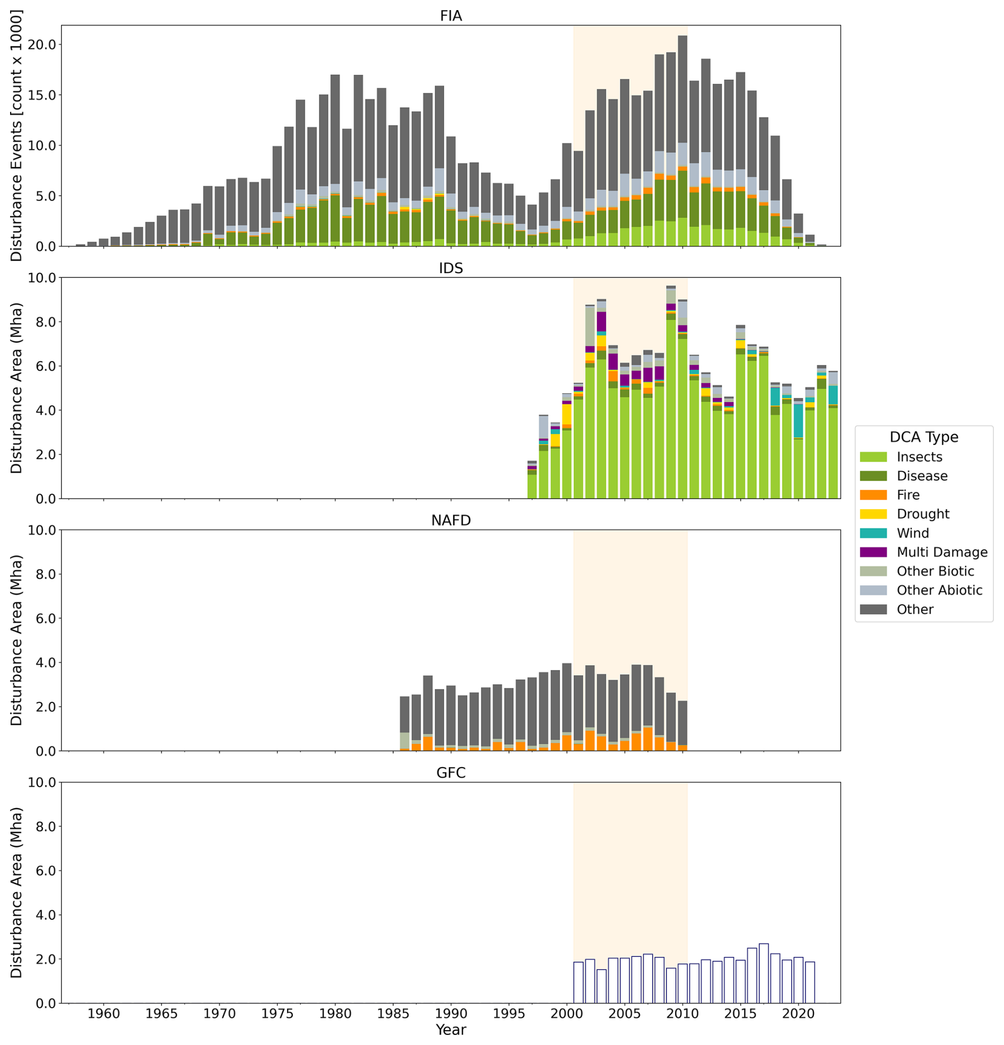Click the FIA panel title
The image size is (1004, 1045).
pos(451,16)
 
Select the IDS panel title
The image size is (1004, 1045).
pos(451,268)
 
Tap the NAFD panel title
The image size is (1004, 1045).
pos(451,520)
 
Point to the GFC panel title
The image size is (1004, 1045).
pos(451,772)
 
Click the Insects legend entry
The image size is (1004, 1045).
pos(919,457)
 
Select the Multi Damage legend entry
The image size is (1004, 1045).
pos(941,552)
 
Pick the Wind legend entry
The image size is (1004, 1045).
pos(913,533)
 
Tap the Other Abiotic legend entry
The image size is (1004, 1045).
pos(939,590)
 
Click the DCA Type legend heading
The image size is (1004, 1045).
pos(923,437)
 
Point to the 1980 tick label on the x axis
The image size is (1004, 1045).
pos(335,1014)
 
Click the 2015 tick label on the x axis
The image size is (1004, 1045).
pos(740,1014)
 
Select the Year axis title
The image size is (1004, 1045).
pos(451,1030)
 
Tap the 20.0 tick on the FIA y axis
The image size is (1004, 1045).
pos(41,45)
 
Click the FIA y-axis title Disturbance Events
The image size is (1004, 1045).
pos(16,136)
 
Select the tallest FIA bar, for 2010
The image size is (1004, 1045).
pos(682,141)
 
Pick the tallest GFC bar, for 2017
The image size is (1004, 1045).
pos(764,973)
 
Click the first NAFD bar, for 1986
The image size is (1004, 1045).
pos(405,724)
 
